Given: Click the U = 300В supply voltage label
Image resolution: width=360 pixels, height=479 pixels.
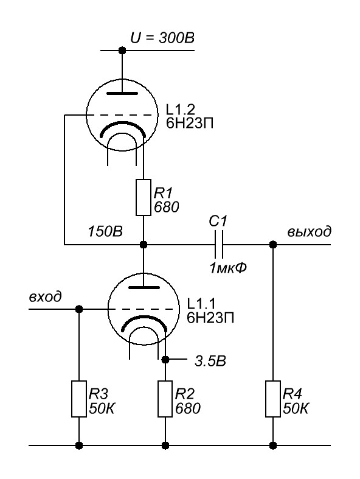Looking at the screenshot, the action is [162, 38].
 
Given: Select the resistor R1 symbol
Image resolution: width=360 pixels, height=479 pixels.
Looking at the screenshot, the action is [143, 197].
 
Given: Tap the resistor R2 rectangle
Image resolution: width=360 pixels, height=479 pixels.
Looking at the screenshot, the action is [165, 399].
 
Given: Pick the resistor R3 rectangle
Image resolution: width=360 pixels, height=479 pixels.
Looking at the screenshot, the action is [79, 399].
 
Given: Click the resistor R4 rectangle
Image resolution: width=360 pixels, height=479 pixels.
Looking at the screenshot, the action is [273, 399].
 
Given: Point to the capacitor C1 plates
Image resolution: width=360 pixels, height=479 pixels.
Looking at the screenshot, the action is [219, 245].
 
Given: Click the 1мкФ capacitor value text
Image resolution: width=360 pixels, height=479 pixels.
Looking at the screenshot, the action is [228, 268].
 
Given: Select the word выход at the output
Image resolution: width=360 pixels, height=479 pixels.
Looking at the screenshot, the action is [309, 231].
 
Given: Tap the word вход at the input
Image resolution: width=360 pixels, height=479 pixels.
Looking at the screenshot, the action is [45, 296].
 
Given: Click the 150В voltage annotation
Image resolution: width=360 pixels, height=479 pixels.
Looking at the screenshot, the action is [105, 231].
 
